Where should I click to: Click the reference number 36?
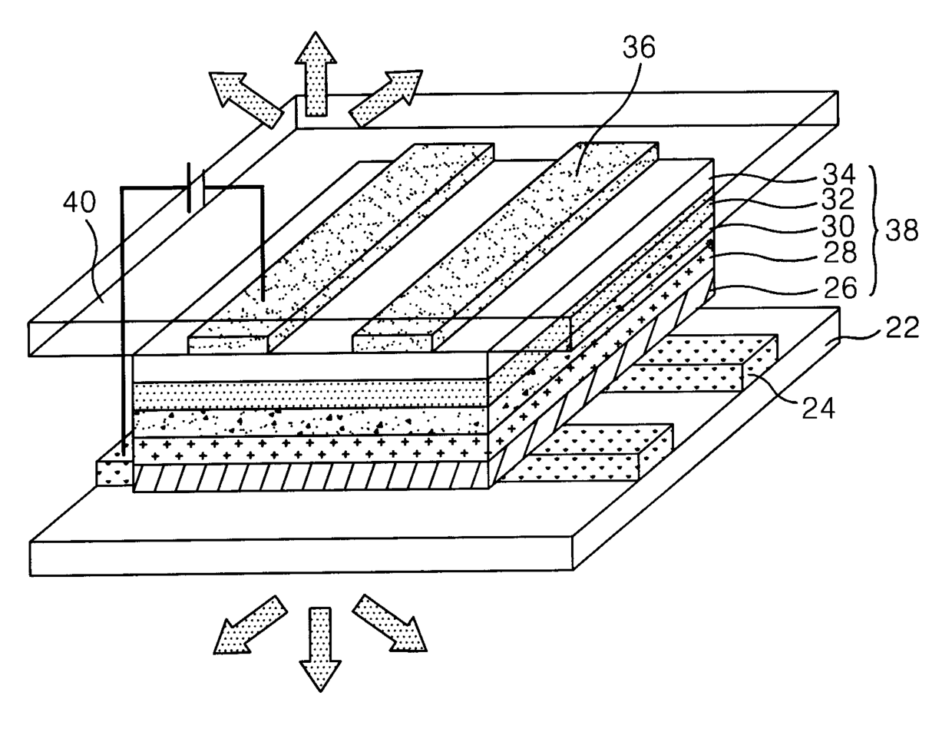coord(640,48)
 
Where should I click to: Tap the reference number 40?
coord(79,203)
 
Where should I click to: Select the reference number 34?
coord(838,174)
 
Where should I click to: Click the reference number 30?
coord(838,226)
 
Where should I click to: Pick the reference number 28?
coord(840,252)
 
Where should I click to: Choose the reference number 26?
coord(840,287)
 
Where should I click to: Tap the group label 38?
coord(901,230)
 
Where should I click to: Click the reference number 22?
coord(902,327)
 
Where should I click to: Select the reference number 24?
coord(818,408)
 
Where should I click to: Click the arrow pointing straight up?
coord(316,74)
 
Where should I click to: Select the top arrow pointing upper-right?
coord(386,98)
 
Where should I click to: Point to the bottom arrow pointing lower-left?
coord(250,625)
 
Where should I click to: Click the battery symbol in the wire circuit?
coord(196,188)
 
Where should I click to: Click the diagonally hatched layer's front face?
coord(311,477)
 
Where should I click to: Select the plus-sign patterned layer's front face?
coord(311,449)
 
